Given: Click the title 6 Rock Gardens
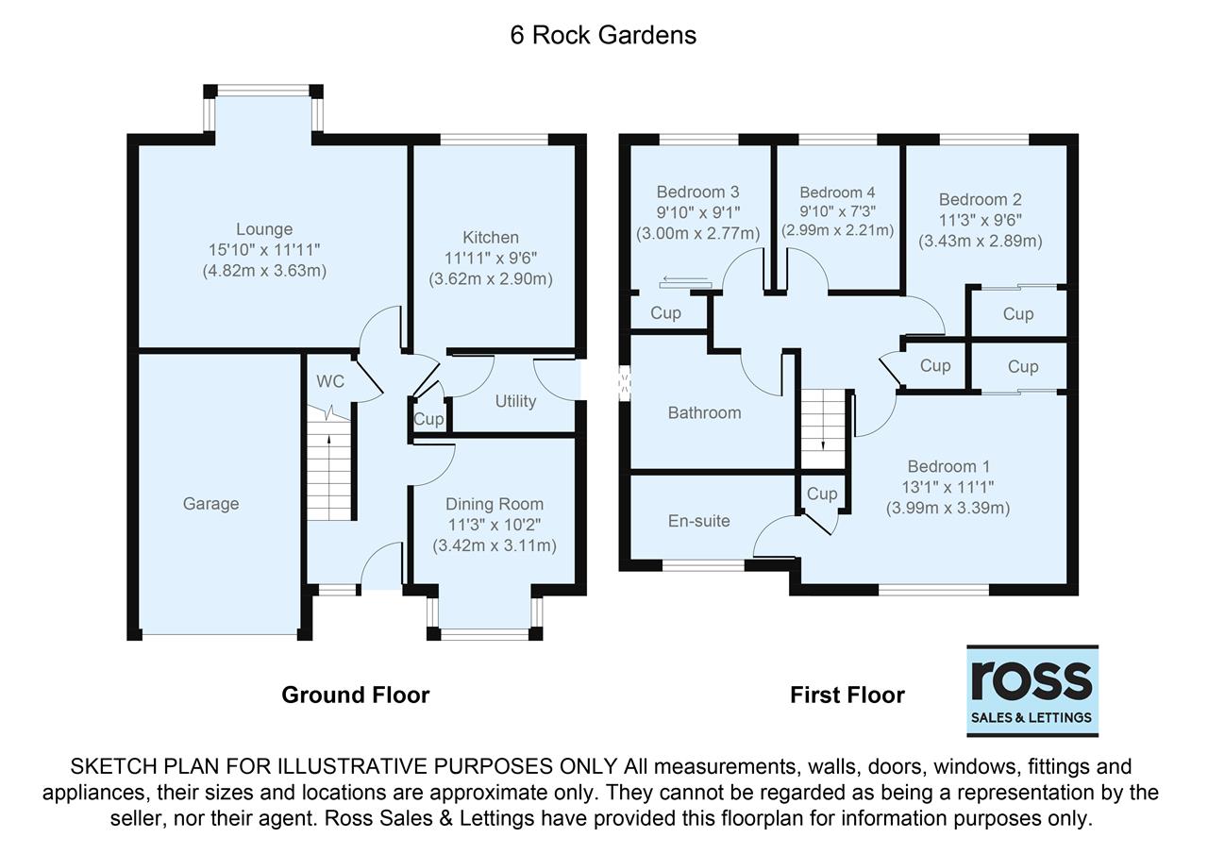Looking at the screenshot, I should click(603, 35).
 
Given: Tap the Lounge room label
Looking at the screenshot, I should click(264, 229).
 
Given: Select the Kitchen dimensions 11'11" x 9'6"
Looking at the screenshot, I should click(491, 258).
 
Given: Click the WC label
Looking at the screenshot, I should click(330, 381).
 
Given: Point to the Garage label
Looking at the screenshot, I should click(210, 504).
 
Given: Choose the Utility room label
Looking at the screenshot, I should click(515, 401).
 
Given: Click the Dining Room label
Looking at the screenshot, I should click(495, 504).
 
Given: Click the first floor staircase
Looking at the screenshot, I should click(825, 429).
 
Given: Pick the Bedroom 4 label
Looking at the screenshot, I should click(830, 193).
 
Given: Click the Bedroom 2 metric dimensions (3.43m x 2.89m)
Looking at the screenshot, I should click(981, 241).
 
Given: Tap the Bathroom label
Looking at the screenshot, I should click(704, 412).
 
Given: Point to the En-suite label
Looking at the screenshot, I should click(698, 520).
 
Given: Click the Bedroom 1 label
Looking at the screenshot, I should click(948, 466).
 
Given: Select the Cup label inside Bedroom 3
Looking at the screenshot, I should click(666, 313).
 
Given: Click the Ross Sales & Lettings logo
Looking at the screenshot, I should click(1032, 691).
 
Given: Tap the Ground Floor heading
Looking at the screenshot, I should click(356, 695).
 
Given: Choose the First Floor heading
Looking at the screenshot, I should click(847, 695).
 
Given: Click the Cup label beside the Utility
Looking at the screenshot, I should click(428, 420).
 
